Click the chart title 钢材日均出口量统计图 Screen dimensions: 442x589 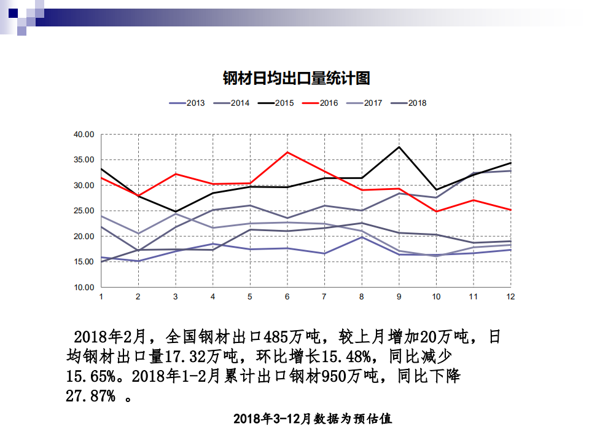(295, 79)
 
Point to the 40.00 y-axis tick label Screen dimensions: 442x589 (83, 135)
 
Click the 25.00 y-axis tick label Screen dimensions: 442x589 (83, 211)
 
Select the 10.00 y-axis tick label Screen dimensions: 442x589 (83, 287)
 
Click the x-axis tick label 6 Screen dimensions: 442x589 (287, 296)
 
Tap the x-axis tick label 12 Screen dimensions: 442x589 (510, 296)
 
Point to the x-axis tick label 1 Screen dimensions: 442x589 (101, 296)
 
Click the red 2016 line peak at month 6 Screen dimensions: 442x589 (287, 152)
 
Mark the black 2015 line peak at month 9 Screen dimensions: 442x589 (399, 147)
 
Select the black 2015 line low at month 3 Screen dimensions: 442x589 (176, 211)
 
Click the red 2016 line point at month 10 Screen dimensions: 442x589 (436, 211)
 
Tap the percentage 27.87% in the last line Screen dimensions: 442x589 (90, 396)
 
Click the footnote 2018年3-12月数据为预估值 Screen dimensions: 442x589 (313, 419)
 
